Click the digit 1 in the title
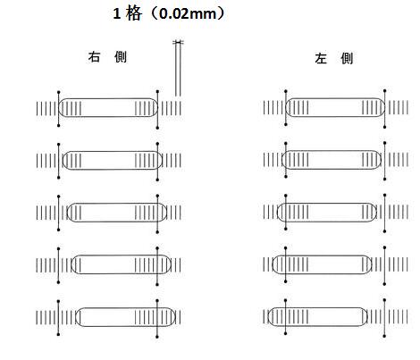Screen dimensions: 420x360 [116, 14]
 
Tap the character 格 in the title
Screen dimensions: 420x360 [133, 14]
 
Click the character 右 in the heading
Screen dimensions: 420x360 [94, 57]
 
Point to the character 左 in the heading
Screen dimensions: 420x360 [321, 59]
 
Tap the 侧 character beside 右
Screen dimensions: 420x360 [121, 57]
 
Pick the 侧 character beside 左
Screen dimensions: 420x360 [347, 59]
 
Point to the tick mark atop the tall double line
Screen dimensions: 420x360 [178, 42]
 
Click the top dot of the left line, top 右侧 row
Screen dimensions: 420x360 [59, 92]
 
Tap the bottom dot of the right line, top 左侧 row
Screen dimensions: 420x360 [385, 127]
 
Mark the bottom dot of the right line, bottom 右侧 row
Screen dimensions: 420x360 [157, 337]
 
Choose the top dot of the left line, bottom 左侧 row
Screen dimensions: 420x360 [286, 300]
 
